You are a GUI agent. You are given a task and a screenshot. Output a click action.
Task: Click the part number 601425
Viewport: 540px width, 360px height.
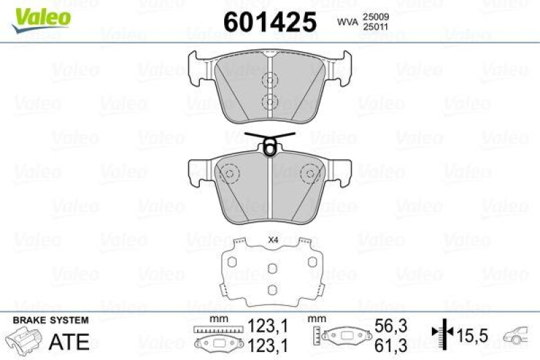click(269, 22)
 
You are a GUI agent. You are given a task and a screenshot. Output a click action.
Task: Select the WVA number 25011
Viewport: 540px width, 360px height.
click(377, 27)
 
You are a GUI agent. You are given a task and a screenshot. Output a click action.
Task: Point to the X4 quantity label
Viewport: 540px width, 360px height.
click(273, 240)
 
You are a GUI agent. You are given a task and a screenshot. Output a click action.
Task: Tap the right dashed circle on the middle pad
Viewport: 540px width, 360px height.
click(311, 175)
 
